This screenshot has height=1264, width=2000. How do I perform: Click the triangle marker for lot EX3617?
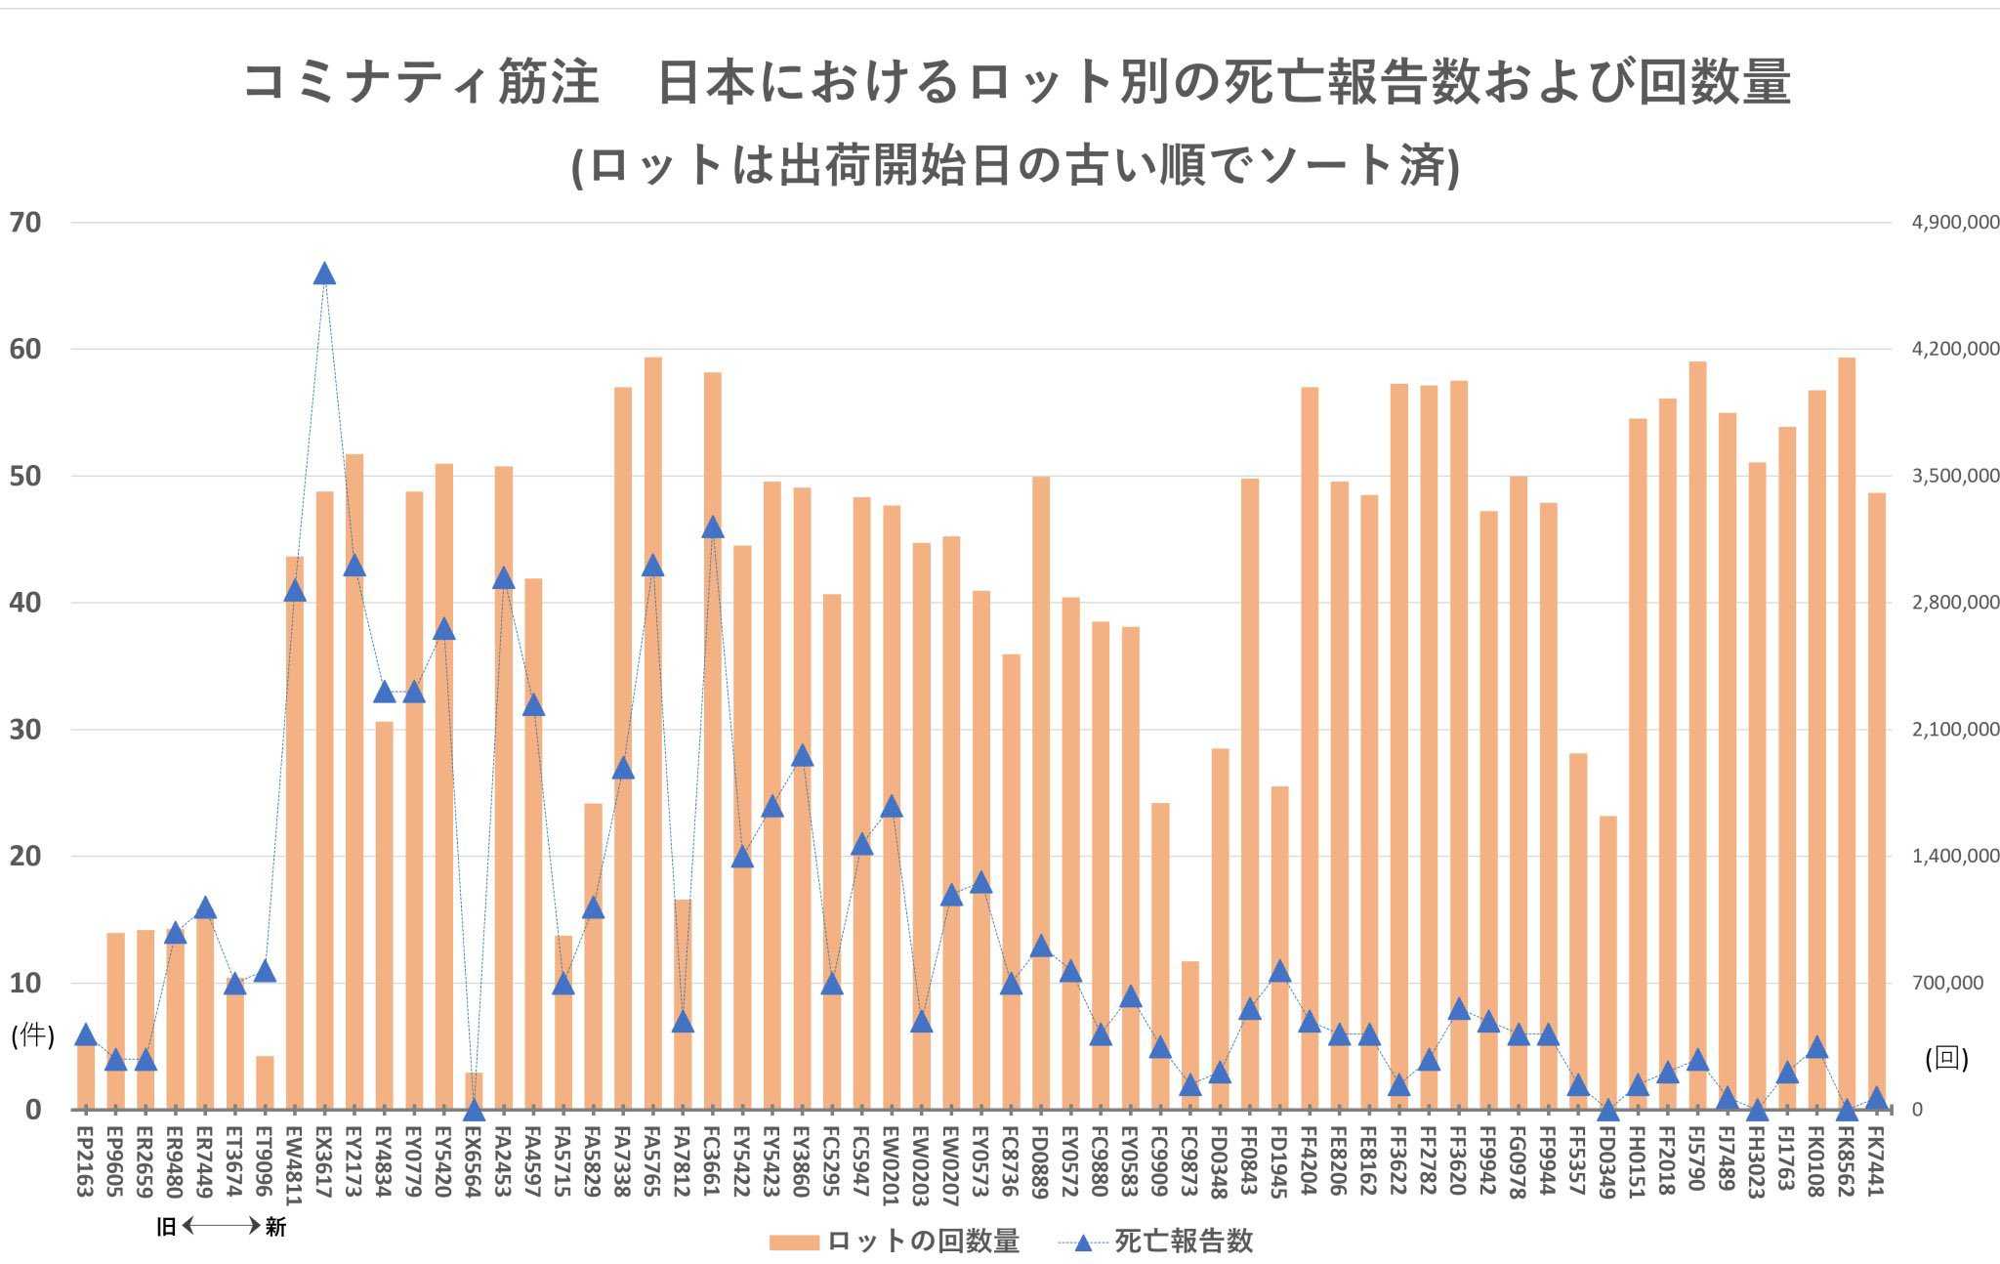(325, 274)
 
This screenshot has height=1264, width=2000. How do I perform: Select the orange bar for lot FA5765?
(653, 733)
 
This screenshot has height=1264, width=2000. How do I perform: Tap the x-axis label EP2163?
(85, 1159)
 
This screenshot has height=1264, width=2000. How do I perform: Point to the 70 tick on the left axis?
(25, 223)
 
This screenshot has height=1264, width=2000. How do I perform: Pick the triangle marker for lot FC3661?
(713, 527)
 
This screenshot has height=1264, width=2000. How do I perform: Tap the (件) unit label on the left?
(32, 1035)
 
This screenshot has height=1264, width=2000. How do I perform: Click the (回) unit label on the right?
(1946, 1059)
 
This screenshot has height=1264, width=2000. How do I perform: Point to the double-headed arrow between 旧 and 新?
(222, 1226)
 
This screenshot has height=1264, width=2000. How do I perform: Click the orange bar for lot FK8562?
(1847, 733)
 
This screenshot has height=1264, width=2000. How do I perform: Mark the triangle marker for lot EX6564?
(475, 1110)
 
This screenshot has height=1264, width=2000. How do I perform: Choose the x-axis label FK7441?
(1877, 1159)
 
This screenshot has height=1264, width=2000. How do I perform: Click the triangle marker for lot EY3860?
(803, 755)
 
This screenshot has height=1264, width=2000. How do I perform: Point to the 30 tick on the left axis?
(25, 730)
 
